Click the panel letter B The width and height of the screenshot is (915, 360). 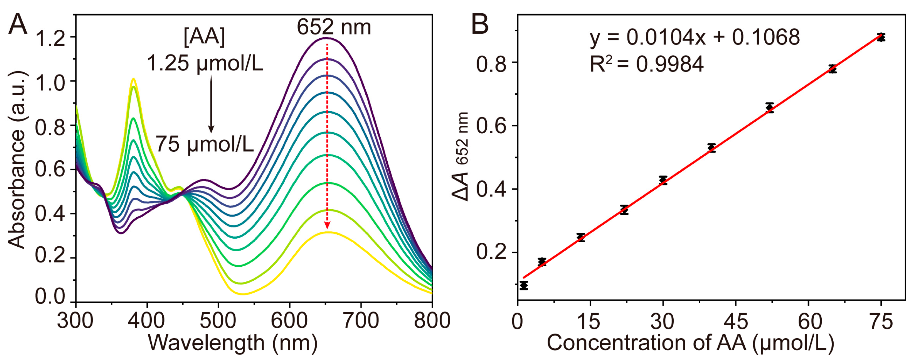click(x=480, y=24)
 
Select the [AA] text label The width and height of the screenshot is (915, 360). click(x=204, y=37)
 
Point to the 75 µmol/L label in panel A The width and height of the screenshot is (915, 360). click(x=205, y=144)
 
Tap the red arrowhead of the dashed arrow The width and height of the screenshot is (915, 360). click(x=327, y=225)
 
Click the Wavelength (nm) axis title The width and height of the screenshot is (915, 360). click(x=233, y=343)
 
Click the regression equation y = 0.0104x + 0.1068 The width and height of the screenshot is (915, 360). click(x=694, y=37)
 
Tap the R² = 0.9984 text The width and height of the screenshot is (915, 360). click(x=646, y=64)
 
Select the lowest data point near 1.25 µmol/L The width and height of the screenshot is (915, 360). click(x=523, y=285)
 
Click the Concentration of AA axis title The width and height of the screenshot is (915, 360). click(x=690, y=343)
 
